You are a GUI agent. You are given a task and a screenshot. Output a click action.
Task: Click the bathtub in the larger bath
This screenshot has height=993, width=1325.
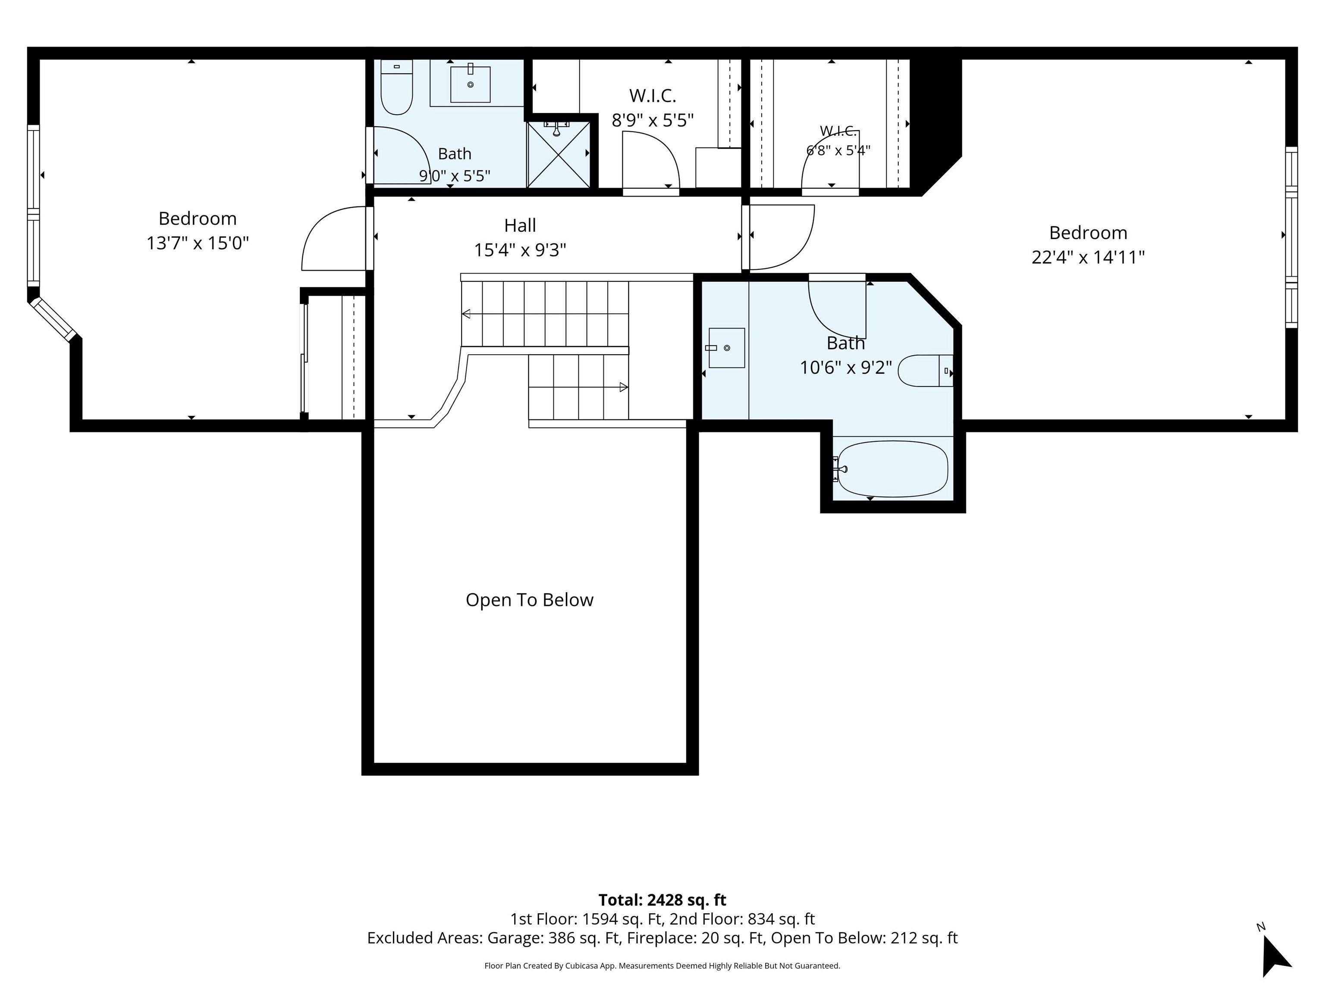892,468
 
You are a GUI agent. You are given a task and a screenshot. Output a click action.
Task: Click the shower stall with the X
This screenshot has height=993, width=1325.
558,154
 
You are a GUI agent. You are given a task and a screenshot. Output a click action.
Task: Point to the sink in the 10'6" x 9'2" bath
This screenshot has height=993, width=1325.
727,348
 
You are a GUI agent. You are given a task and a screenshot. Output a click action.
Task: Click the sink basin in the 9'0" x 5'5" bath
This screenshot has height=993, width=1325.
470,84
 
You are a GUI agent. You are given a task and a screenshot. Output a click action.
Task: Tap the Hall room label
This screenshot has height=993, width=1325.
520,226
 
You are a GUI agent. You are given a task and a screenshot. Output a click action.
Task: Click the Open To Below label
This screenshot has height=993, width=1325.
530,600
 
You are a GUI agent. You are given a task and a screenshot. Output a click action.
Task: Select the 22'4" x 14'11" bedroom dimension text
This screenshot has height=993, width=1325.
1088,257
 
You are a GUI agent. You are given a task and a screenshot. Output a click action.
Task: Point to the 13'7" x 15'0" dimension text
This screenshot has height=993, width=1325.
198,243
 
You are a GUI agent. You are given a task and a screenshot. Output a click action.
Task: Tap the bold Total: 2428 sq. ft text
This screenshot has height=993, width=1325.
662,899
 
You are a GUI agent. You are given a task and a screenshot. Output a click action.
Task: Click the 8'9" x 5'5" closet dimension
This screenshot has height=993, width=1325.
652,120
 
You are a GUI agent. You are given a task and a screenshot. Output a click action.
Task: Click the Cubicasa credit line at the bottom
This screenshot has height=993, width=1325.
662,965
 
